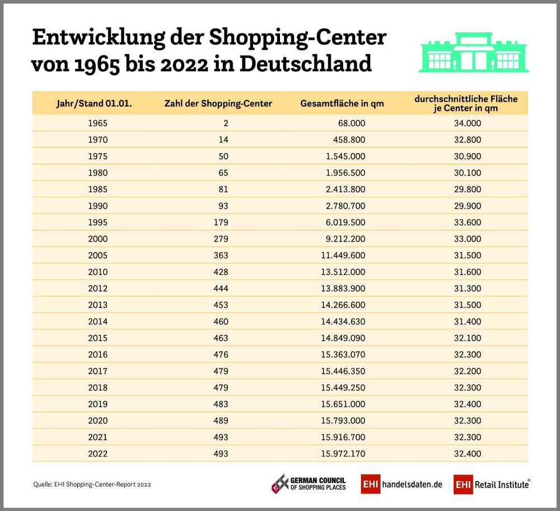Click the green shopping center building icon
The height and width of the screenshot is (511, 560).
tap(473, 52)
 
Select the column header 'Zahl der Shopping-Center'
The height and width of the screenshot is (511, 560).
tap(218, 104)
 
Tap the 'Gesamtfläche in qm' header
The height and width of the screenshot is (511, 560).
tap(342, 104)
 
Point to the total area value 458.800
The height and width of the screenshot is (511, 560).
tap(350, 139)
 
